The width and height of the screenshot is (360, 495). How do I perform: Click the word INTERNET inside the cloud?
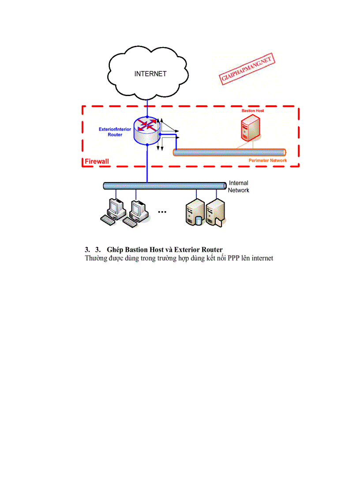(150, 74)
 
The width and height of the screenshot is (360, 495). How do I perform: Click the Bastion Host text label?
(252, 111)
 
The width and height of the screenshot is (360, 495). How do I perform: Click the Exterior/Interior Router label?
(115, 132)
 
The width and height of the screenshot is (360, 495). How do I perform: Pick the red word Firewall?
(97, 162)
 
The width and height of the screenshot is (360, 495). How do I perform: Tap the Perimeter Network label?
(267, 160)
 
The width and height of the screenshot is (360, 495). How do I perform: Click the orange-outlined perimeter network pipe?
(229, 152)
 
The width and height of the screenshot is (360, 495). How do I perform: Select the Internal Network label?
(239, 186)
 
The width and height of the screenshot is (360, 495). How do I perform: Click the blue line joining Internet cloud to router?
(147, 108)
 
